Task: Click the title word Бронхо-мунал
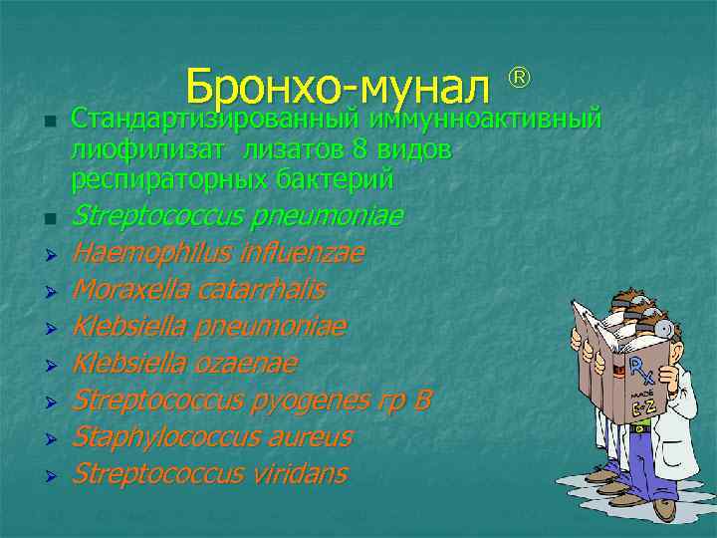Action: pyautogui.click(x=338, y=89)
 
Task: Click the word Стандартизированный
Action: pyautogui.click(x=215, y=121)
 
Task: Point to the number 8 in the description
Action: pyautogui.click(x=361, y=150)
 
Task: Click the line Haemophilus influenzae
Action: pyautogui.click(x=218, y=254)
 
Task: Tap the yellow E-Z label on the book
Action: pyautogui.click(x=642, y=407)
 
